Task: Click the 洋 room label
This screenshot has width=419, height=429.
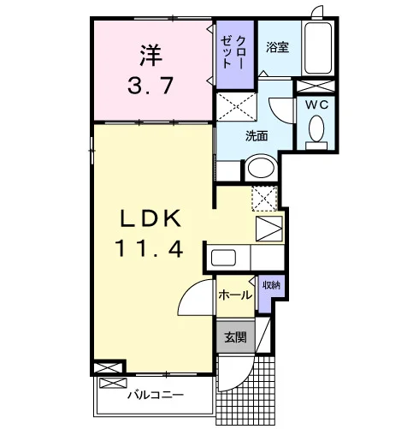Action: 151,55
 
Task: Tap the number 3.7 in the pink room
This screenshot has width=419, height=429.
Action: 150,86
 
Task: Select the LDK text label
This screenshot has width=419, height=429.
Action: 150,218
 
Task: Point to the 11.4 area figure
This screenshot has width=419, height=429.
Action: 149,248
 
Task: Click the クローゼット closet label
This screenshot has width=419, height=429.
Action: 233,52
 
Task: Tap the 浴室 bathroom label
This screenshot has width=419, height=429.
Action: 278,47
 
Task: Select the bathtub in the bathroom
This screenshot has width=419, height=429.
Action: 318,48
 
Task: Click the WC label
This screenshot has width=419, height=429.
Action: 317,105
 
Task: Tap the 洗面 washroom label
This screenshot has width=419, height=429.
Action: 257,136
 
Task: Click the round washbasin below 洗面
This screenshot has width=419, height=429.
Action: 261,168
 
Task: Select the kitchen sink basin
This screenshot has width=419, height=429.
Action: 223,258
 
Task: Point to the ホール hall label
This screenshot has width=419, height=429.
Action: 235,295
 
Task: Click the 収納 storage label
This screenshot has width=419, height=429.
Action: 271,285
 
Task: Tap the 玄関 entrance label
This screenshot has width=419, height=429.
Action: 235,337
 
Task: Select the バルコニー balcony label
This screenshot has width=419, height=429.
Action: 156,396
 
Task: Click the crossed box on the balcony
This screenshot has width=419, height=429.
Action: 113,383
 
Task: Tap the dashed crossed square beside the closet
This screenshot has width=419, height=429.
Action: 237,106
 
